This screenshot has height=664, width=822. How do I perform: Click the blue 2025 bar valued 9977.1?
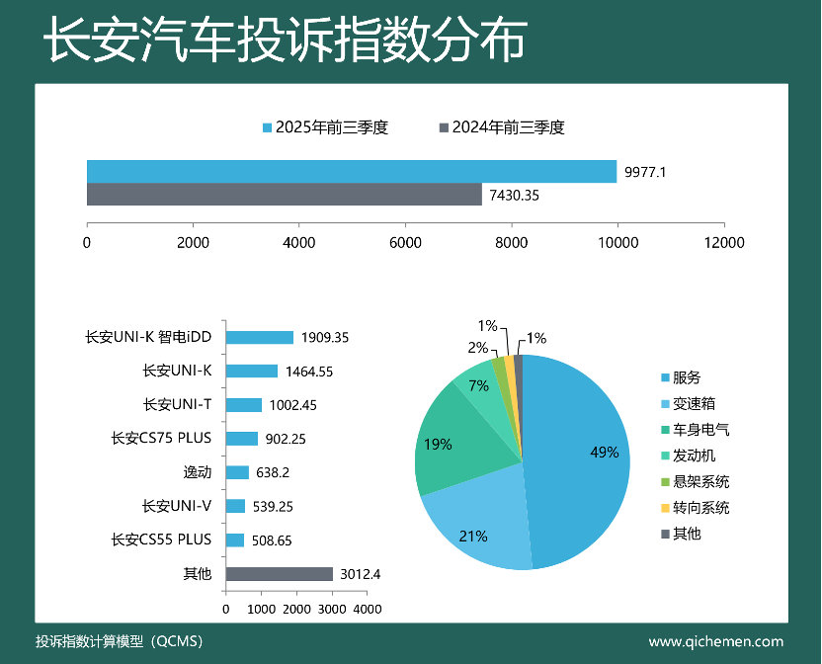(352, 171)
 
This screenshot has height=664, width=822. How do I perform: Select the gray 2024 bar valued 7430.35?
(285, 195)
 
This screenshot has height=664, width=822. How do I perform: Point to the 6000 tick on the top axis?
(405, 242)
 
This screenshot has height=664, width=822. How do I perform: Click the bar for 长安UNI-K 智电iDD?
(259, 337)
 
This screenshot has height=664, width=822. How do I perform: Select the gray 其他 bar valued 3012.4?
(279, 574)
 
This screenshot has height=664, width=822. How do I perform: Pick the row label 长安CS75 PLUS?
(162, 439)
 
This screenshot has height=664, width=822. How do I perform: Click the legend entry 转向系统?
(700, 508)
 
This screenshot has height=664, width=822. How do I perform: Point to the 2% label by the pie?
(478, 348)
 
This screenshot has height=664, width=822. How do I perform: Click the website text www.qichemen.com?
(715, 641)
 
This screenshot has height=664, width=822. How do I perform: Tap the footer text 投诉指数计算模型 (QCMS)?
(119, 641)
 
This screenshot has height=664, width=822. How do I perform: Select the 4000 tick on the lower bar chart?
(368, 610)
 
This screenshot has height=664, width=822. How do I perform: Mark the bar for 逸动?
(237, 472)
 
